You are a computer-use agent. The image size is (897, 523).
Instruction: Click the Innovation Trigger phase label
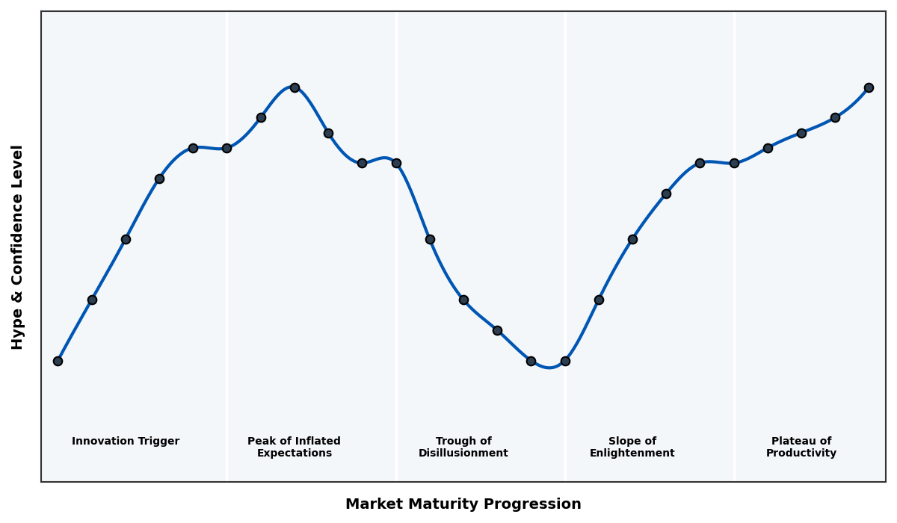coord(126,442)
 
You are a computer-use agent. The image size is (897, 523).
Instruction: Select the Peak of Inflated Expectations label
coord(294,447)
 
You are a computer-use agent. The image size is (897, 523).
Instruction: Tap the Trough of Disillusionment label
coord(463,447)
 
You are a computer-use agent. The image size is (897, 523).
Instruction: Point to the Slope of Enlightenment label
coord(632,447)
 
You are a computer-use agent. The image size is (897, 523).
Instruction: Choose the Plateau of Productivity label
coord(801,447)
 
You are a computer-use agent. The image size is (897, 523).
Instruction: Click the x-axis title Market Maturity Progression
coord(463,504)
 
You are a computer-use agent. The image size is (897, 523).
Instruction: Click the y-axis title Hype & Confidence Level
coord(18,247)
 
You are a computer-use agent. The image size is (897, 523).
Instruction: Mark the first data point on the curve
coord(58,361)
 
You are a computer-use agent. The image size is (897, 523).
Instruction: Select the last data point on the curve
coord(869,87)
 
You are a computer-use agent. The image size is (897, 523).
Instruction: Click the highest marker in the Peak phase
coord(295,87)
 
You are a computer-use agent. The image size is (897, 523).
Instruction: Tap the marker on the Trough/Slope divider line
coord(565,361)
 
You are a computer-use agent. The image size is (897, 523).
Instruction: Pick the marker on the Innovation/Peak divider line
coord(226,148)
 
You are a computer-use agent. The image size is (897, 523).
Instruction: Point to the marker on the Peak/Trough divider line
coord(396,163)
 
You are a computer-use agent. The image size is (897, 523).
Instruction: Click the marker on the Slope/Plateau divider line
coord(734,163)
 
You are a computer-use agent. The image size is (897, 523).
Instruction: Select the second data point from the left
coord(92,300)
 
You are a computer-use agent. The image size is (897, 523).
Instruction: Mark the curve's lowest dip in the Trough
coord(549,367)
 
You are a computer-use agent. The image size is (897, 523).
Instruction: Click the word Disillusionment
coord(463,454)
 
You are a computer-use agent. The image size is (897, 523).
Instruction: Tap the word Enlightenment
coord(632,454)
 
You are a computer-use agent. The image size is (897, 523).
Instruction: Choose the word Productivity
coord(801,454)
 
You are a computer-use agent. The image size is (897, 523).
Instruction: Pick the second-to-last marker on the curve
coord(835,117)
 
